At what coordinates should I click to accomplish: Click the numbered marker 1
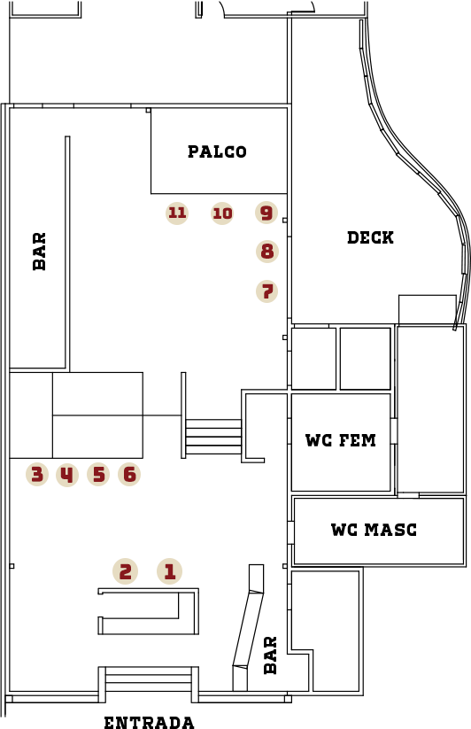click(x=169, y=571)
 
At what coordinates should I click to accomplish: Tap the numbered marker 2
click(x=126, y=571)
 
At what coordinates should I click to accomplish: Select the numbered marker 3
click(x=37, y=475)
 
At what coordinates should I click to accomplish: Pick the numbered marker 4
click(x=67, y=475)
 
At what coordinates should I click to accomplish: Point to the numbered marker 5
click(x=98, y=475)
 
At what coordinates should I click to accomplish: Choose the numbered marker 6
click(x=129, y=475)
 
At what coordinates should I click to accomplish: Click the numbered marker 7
click(x=267, y=291)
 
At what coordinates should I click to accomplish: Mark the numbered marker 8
click(x=267, y=252)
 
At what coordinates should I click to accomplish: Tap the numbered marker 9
click(x=266, y=213)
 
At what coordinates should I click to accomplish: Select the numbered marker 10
click(x=222, y=213)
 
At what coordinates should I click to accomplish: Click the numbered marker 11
click(x=177, y=213)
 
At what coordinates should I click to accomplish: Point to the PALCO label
click(x=217, y=151)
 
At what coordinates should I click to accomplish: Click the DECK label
click(x=370, y=237)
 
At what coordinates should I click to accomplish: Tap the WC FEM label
click(x=341, y=440)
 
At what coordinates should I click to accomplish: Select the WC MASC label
click(x=374, y=530)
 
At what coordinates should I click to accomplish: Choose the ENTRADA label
click(x=149, y=722)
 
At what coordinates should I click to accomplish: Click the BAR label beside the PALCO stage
click(x=40, y=252)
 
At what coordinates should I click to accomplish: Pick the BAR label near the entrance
click(x=270, y=655)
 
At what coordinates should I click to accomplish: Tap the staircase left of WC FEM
click(x=213, y=437)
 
